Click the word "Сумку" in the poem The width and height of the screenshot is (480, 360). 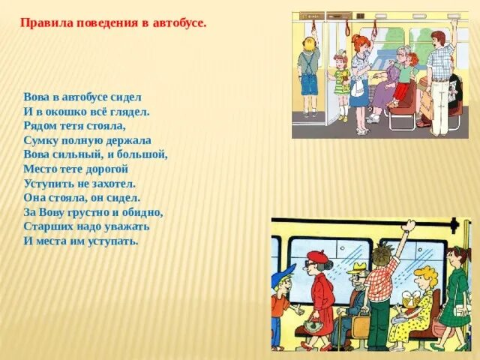pyautogui.click(x=40, y=139)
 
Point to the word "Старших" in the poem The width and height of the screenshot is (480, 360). pyautogui.click(x=45, y=226)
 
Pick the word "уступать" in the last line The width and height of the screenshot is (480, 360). pyautogui.click(x=113, y=240)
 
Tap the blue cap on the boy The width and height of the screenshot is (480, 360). pyautogui.click(x=284, y=274)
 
